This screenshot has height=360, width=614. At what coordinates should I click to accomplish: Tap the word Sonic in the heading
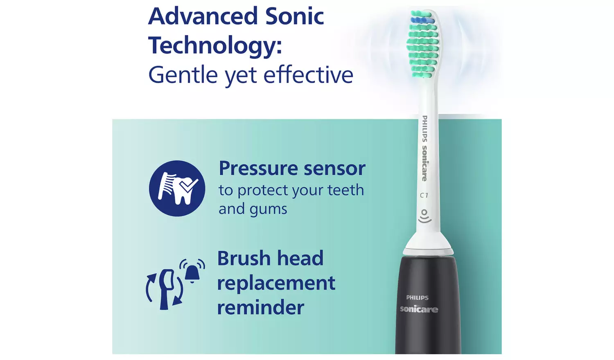[294, 17]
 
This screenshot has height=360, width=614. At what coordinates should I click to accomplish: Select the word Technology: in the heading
[215, 46]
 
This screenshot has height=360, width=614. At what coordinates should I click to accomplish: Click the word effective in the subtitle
[308, 75]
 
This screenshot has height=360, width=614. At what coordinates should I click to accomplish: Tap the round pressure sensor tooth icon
[177, 188]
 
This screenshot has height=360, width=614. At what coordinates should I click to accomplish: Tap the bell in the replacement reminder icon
[192, 271]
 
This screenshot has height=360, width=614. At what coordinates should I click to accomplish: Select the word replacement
[276, 283]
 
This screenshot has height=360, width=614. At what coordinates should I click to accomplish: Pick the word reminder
[260, 308]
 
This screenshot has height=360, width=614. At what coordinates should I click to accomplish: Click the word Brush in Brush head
[244, 259]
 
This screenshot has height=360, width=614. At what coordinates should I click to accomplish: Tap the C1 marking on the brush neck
[424, 196]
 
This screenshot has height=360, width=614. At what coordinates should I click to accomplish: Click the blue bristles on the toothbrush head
[422, 20]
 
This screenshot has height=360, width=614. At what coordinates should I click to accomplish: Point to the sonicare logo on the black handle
[419, 309]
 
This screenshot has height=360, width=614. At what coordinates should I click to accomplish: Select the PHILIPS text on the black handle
[417, 298]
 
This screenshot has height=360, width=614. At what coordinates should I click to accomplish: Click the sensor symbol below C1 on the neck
[424, 216]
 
